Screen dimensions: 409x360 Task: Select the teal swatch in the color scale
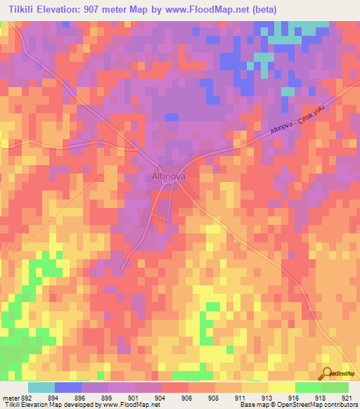tap(41, 388)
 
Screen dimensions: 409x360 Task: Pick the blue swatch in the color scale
tap(67, 388)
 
